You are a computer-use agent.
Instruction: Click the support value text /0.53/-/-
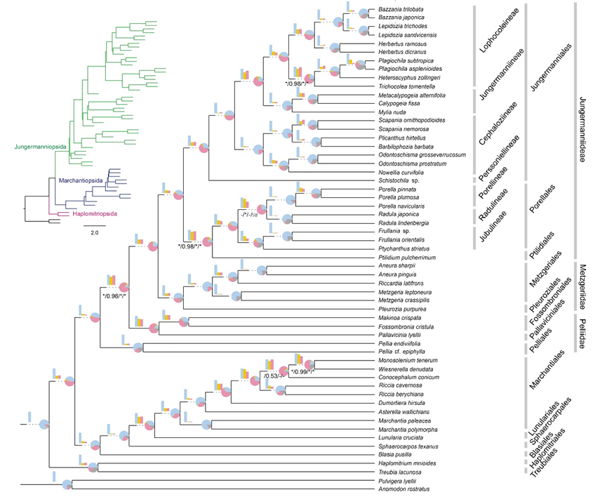(x=275, y=376)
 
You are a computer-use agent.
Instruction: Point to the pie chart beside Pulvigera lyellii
(x=67, y=484)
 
